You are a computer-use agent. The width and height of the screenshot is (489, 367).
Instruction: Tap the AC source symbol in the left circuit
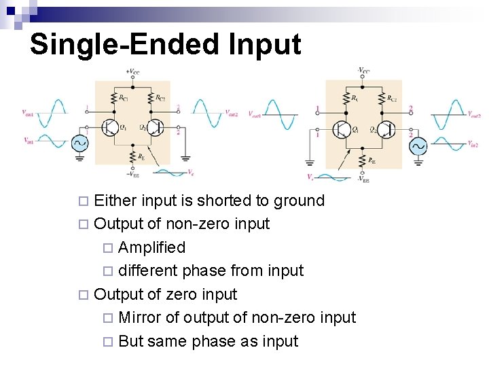point(79,143)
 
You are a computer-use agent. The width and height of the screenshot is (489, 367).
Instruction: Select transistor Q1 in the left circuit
point(110,127)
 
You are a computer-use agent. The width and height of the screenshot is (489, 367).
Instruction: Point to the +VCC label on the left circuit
point(132,71)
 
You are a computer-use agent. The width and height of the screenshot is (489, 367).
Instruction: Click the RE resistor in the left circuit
point(132,157)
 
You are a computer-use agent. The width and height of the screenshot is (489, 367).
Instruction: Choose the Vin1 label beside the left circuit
point(28,141)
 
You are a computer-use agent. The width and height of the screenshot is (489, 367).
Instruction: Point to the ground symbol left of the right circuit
point(311,162)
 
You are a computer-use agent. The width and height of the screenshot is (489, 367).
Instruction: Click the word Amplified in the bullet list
point(151,247)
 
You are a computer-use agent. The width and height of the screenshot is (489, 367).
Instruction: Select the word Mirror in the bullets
point(139,317)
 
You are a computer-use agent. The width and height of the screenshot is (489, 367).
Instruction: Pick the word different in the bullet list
point(149,270)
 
